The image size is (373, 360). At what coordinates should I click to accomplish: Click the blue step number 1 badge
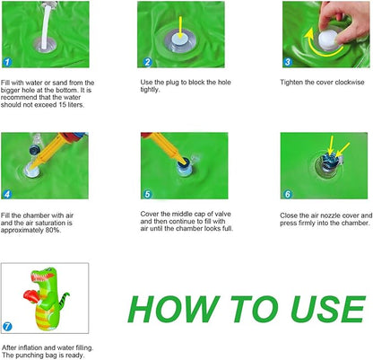[x=7, y=62]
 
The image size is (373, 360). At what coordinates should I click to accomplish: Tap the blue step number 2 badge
[x=147, y=62]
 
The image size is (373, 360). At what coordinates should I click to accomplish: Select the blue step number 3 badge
[x=288, y=62]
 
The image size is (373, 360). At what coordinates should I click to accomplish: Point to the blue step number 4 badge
[x=7, y=194]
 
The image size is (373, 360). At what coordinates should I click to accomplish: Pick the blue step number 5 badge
[x=147, y=194]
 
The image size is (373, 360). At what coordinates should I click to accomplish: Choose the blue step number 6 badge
[x=288, y=194]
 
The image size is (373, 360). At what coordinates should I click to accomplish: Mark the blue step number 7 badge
[x=7, y=326]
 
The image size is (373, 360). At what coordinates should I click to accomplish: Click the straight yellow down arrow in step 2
[x=180, y=27]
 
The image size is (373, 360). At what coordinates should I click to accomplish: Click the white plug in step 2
[x=180, y=40]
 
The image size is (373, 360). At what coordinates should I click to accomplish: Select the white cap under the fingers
[x=328, y=40]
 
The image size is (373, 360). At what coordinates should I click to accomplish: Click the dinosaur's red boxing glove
[x=31, y=295]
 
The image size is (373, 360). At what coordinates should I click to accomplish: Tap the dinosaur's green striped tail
[x=64, y=298]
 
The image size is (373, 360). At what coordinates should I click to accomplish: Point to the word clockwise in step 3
[x=350, y=83]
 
